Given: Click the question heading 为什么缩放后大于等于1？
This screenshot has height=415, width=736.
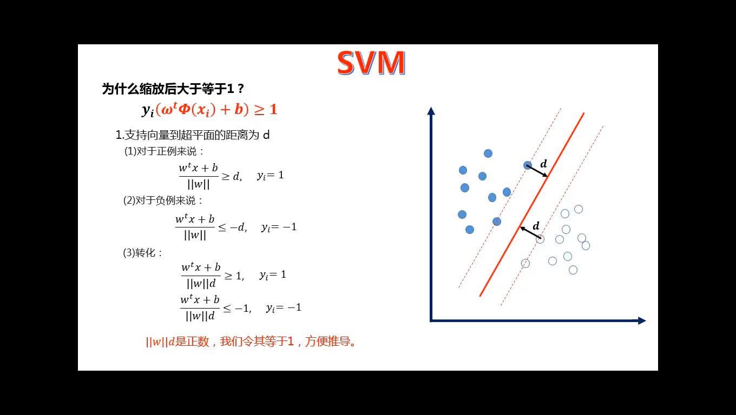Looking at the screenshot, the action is (173, 89).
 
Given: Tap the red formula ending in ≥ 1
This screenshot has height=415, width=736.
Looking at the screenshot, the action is (209, 109).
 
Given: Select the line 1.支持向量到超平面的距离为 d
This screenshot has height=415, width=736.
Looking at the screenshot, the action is (193, 135).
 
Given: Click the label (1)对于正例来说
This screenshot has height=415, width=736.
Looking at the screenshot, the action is (163, 151).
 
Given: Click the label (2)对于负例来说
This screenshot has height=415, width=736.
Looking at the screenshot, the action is (163, 200).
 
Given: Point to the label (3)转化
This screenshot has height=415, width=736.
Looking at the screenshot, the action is (143, 252).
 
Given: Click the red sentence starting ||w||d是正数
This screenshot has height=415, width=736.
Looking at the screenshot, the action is (251, 342).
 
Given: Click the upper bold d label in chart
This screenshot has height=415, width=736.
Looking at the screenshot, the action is (544, 163).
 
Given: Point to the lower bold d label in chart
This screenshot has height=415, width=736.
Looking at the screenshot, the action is (536, 226).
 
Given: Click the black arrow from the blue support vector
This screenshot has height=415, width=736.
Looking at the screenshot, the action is (537, 171).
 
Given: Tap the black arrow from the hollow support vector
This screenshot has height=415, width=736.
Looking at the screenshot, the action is (530, 232).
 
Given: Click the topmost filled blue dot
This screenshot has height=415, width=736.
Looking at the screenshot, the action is (488, 153).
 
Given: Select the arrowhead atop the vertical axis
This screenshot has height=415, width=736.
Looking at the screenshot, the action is (431, 111).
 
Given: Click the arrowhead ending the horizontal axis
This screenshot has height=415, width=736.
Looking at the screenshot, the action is (642, 320).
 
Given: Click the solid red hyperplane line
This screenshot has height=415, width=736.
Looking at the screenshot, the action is (532, 205).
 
